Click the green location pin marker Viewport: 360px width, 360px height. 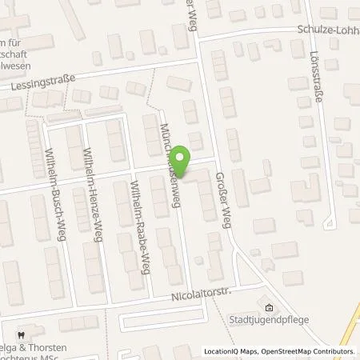[182, 159]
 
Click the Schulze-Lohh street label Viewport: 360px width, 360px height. [326, 28]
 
